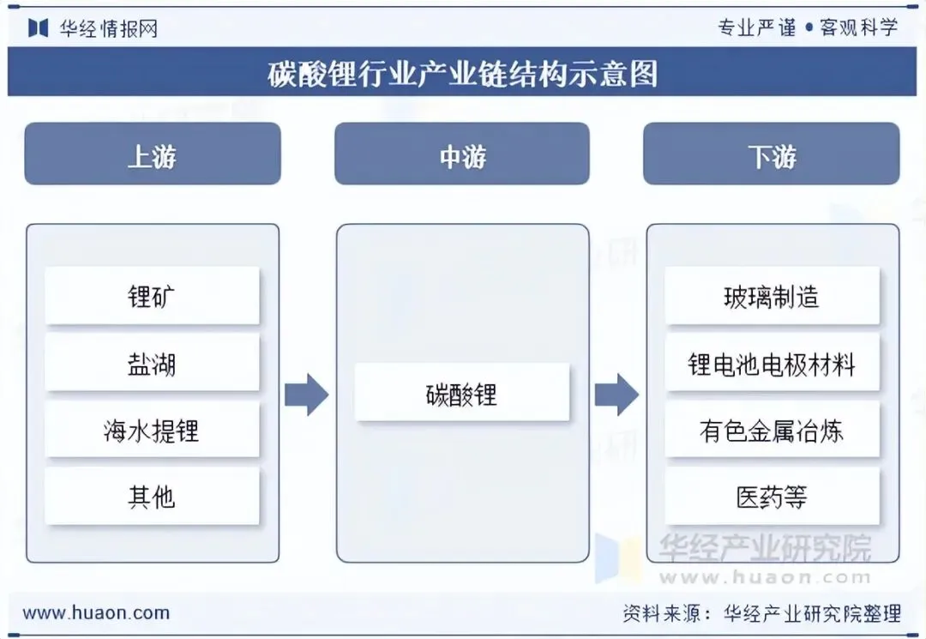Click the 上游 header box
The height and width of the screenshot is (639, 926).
pos(153,154)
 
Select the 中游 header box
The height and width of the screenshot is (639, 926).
pos(462,154)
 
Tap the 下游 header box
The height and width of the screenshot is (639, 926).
pos(772,154)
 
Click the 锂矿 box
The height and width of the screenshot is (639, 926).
pos(153,296)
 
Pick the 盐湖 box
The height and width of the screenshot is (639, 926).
pos(153,363)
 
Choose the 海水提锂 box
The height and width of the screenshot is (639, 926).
pos(153,430)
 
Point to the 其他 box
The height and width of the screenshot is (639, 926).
pos(153,497)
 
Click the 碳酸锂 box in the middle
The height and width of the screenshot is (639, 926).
pos(462,393)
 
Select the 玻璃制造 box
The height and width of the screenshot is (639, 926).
pos(772,296)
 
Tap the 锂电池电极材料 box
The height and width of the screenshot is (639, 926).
pos(772,363)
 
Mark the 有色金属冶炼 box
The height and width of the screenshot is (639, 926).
pos(772,430)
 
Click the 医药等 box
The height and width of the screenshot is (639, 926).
pos(772,497)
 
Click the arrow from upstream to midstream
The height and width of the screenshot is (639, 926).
pos(307,395)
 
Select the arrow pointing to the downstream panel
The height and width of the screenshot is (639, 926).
pos(617,395)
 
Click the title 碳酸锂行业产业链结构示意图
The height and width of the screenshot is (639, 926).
pos(462,73)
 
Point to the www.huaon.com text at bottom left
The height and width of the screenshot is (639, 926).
pos(96,612)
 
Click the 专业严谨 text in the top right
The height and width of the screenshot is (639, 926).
pos(757,27)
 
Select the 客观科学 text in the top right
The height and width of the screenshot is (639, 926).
pos(859,27)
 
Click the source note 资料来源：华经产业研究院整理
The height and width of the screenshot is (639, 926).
pos(762,613)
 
